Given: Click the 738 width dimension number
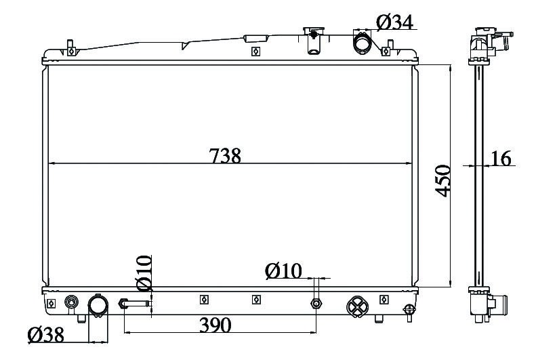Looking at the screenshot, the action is click(x=225, y=155).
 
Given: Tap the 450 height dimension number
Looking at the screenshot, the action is click(x=443, y=181).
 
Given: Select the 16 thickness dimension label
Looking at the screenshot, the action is click(x=501, y=158).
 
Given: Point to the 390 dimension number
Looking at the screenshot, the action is click(x=215, y=325).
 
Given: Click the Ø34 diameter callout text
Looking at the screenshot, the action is click(x=395, y=22).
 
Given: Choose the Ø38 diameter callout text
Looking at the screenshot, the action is click(x=46, y=335).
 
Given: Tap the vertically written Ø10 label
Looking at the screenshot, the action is click(x=144, y=273).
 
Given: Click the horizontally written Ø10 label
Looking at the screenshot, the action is click(x=283, y=271).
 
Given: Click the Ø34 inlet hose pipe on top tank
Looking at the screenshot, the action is click(x=362, y=43).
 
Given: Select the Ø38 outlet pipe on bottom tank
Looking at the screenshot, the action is click(x=98, y=305).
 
